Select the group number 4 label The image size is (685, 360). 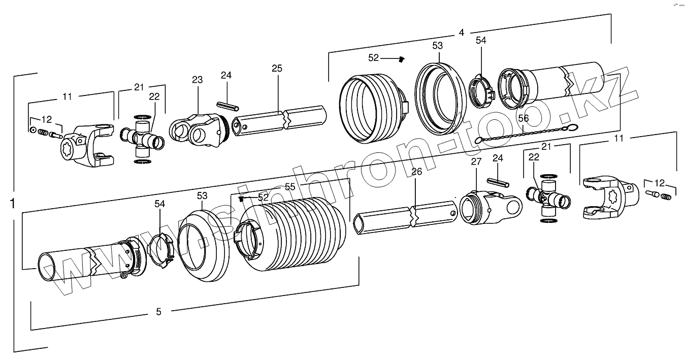tap(461, 32)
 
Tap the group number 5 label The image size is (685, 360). tap(158, 312)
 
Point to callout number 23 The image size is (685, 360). tap(197, 80)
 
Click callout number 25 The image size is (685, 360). tap(277, 68)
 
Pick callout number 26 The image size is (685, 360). tap(416, 172)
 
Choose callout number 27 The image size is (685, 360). tap(476, 162)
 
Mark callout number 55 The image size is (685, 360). tap(289, 187)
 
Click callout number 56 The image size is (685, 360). tap(523, 118)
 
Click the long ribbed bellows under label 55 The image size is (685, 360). tap(295, 234)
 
